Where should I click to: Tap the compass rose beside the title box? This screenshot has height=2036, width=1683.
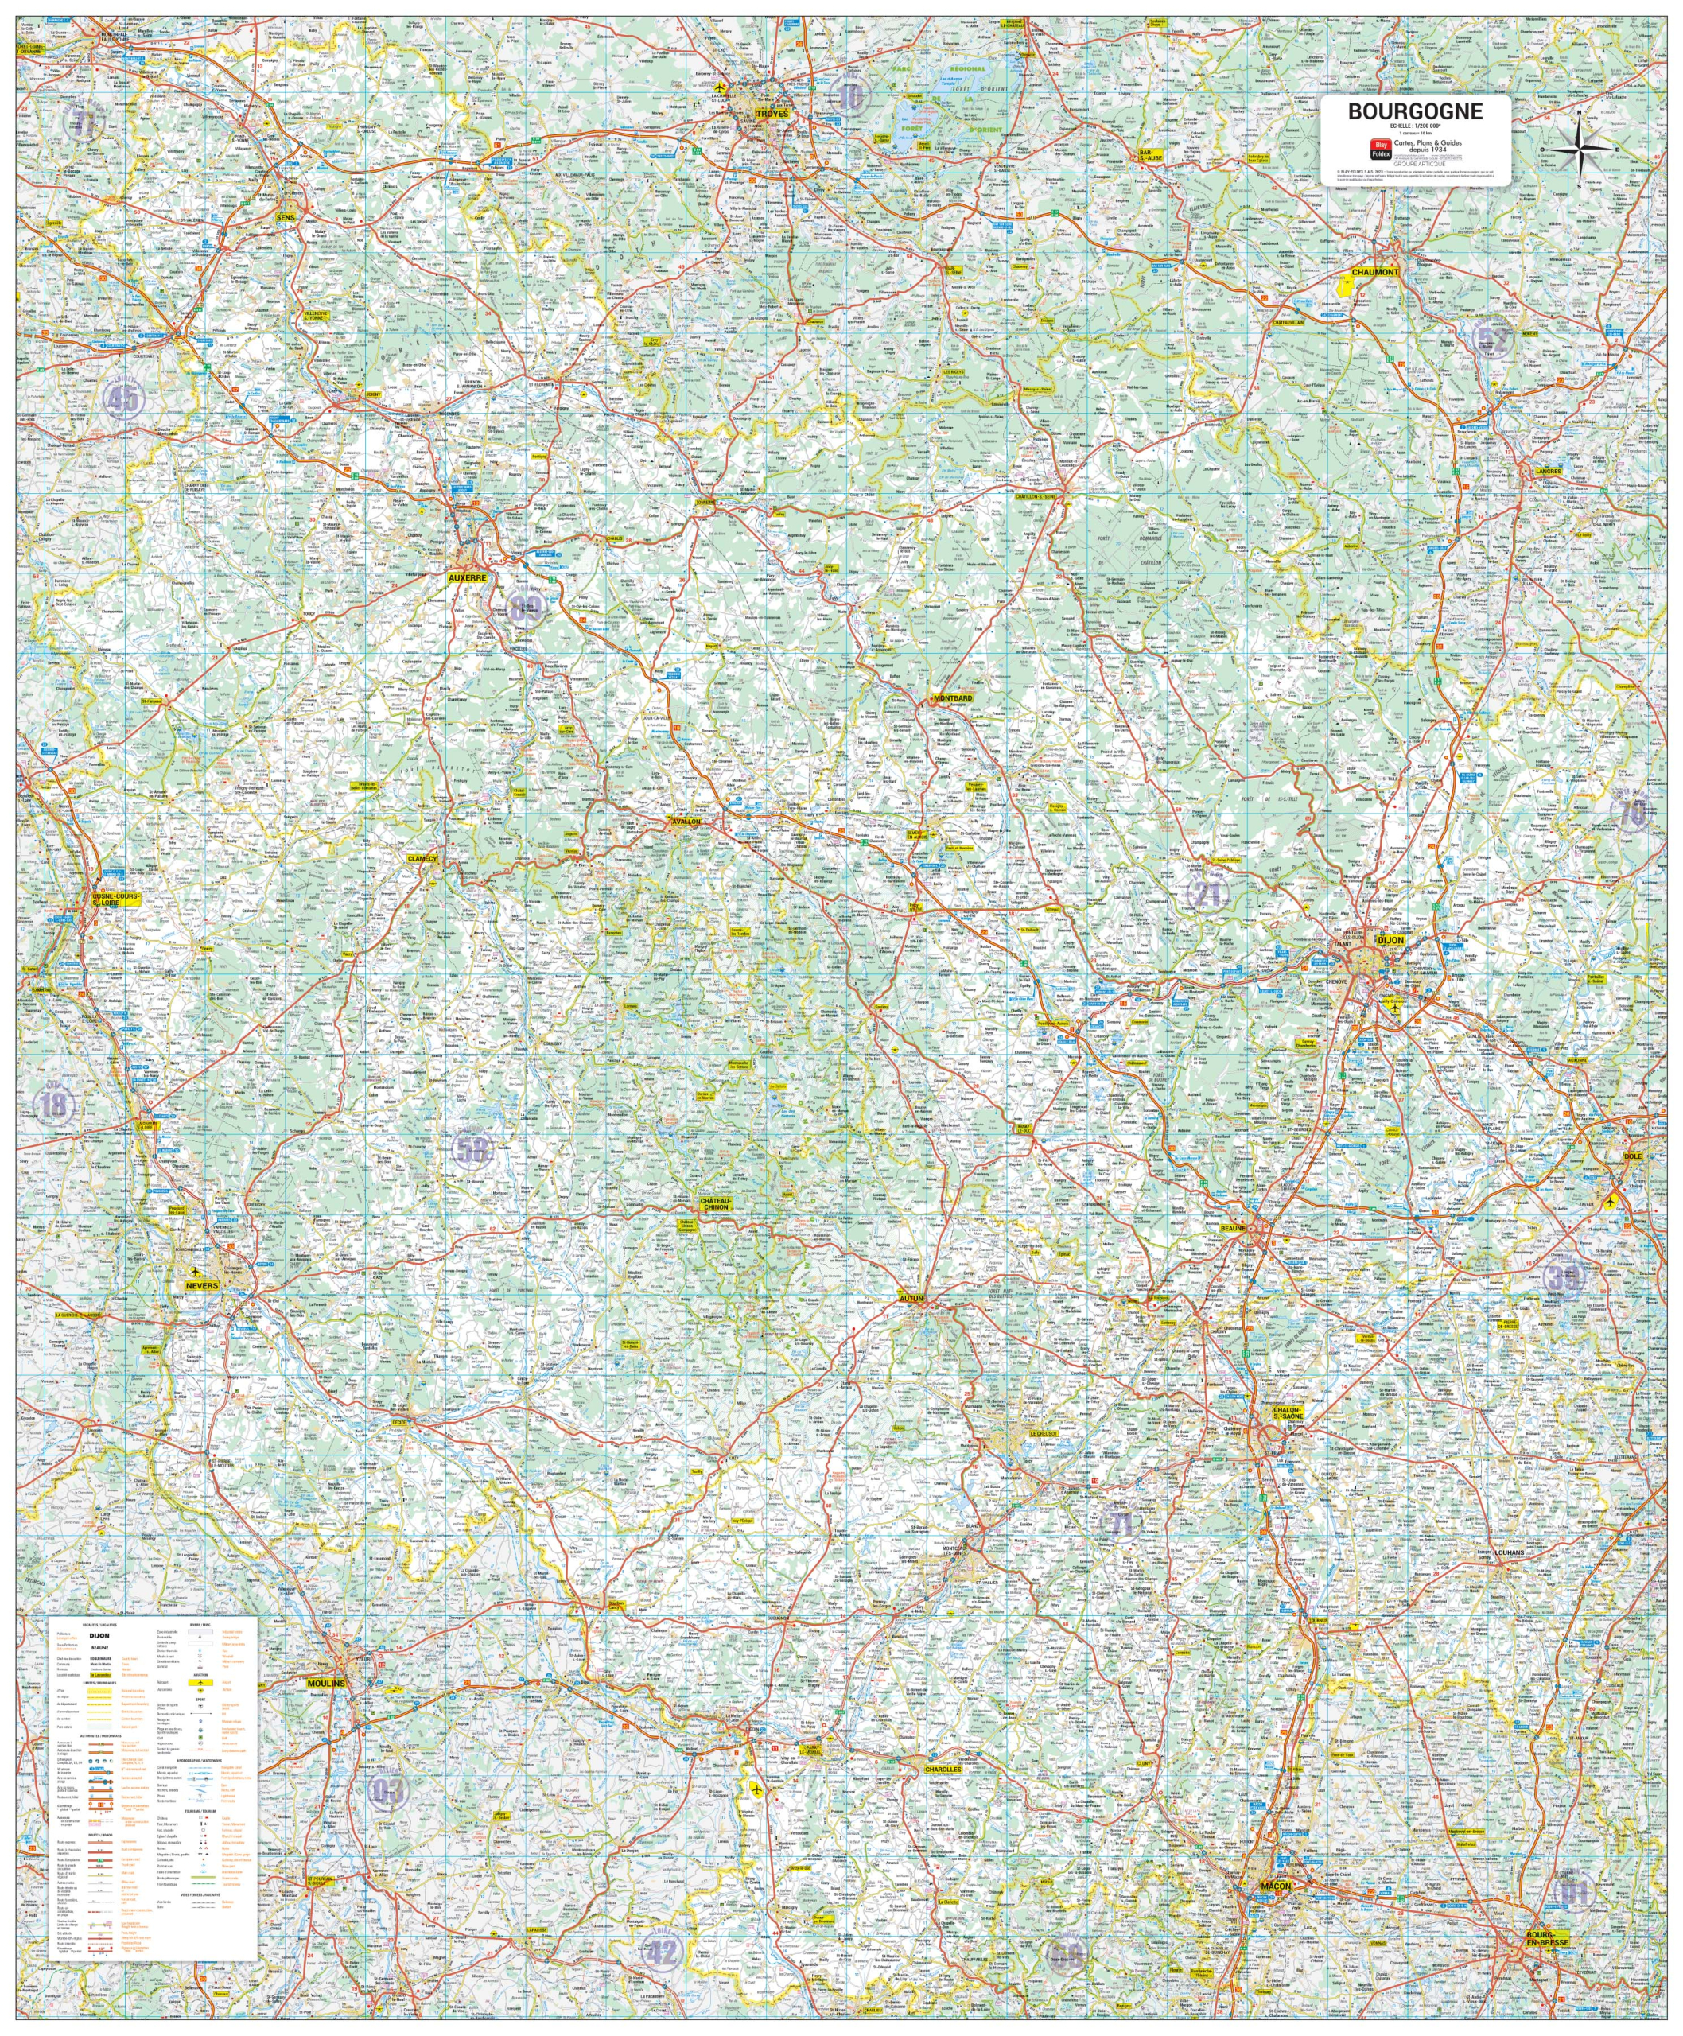point(1577,149)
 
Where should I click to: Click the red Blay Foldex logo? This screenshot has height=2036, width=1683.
point(1379,149)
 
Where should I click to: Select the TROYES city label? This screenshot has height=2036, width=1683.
point(772,114)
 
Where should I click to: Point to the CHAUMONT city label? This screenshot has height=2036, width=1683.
point(1374,273)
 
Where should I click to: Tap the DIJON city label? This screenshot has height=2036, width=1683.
point(1390,940)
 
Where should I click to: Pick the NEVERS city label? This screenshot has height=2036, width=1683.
point(202,1285)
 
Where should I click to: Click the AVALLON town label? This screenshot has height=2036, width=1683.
point(686,822)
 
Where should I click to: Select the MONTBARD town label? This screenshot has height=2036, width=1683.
point(951,698)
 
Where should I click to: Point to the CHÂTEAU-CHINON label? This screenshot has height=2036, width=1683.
point(716,1203)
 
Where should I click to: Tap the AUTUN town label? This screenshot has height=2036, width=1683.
point(911,1297)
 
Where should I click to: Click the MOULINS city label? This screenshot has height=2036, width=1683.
point(326,1683)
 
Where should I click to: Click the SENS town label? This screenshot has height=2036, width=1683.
point(285,218)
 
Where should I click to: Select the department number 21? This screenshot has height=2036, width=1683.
point(1207,892)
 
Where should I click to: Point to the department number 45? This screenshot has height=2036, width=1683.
point(123,398)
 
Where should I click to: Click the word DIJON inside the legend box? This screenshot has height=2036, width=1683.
point(99,1636)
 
